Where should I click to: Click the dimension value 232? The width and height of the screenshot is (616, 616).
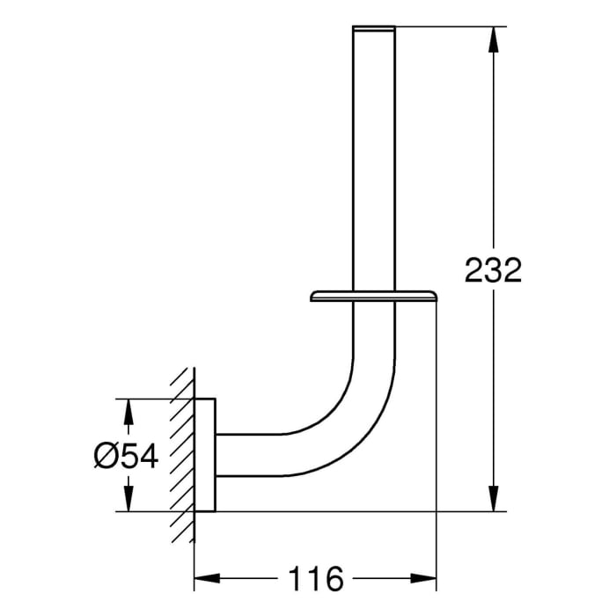pyautogui.click(x=493, y=270)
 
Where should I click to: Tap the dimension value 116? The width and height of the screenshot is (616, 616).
pyautogui.click(x=315, y=578)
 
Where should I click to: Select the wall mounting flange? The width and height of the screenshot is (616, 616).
pyautogui.click(x=205, y=455)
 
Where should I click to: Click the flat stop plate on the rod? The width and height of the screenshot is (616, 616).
pyautogui.click(x=374, y=294)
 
